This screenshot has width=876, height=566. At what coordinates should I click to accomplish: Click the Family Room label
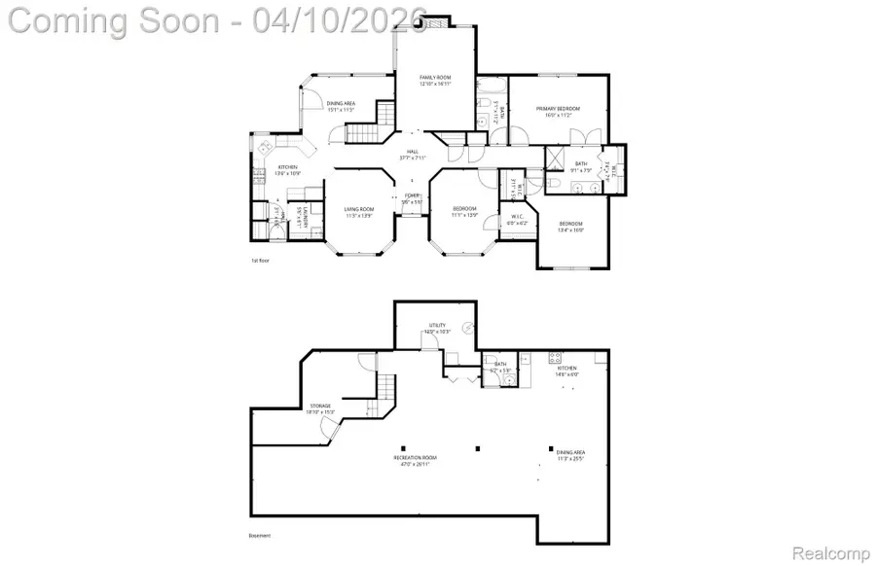click(x=433, y=79)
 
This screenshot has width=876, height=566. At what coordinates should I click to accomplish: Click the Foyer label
click(x=413, y=198)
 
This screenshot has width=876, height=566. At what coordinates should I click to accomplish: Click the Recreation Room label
click(x=415, y=460)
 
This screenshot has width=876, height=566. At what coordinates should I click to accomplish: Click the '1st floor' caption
click(x=259, y=262)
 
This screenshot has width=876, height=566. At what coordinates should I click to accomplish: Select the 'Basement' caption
click(x=259, y=536)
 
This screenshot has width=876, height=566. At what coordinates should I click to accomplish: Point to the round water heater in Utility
click(x=468, y=328)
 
